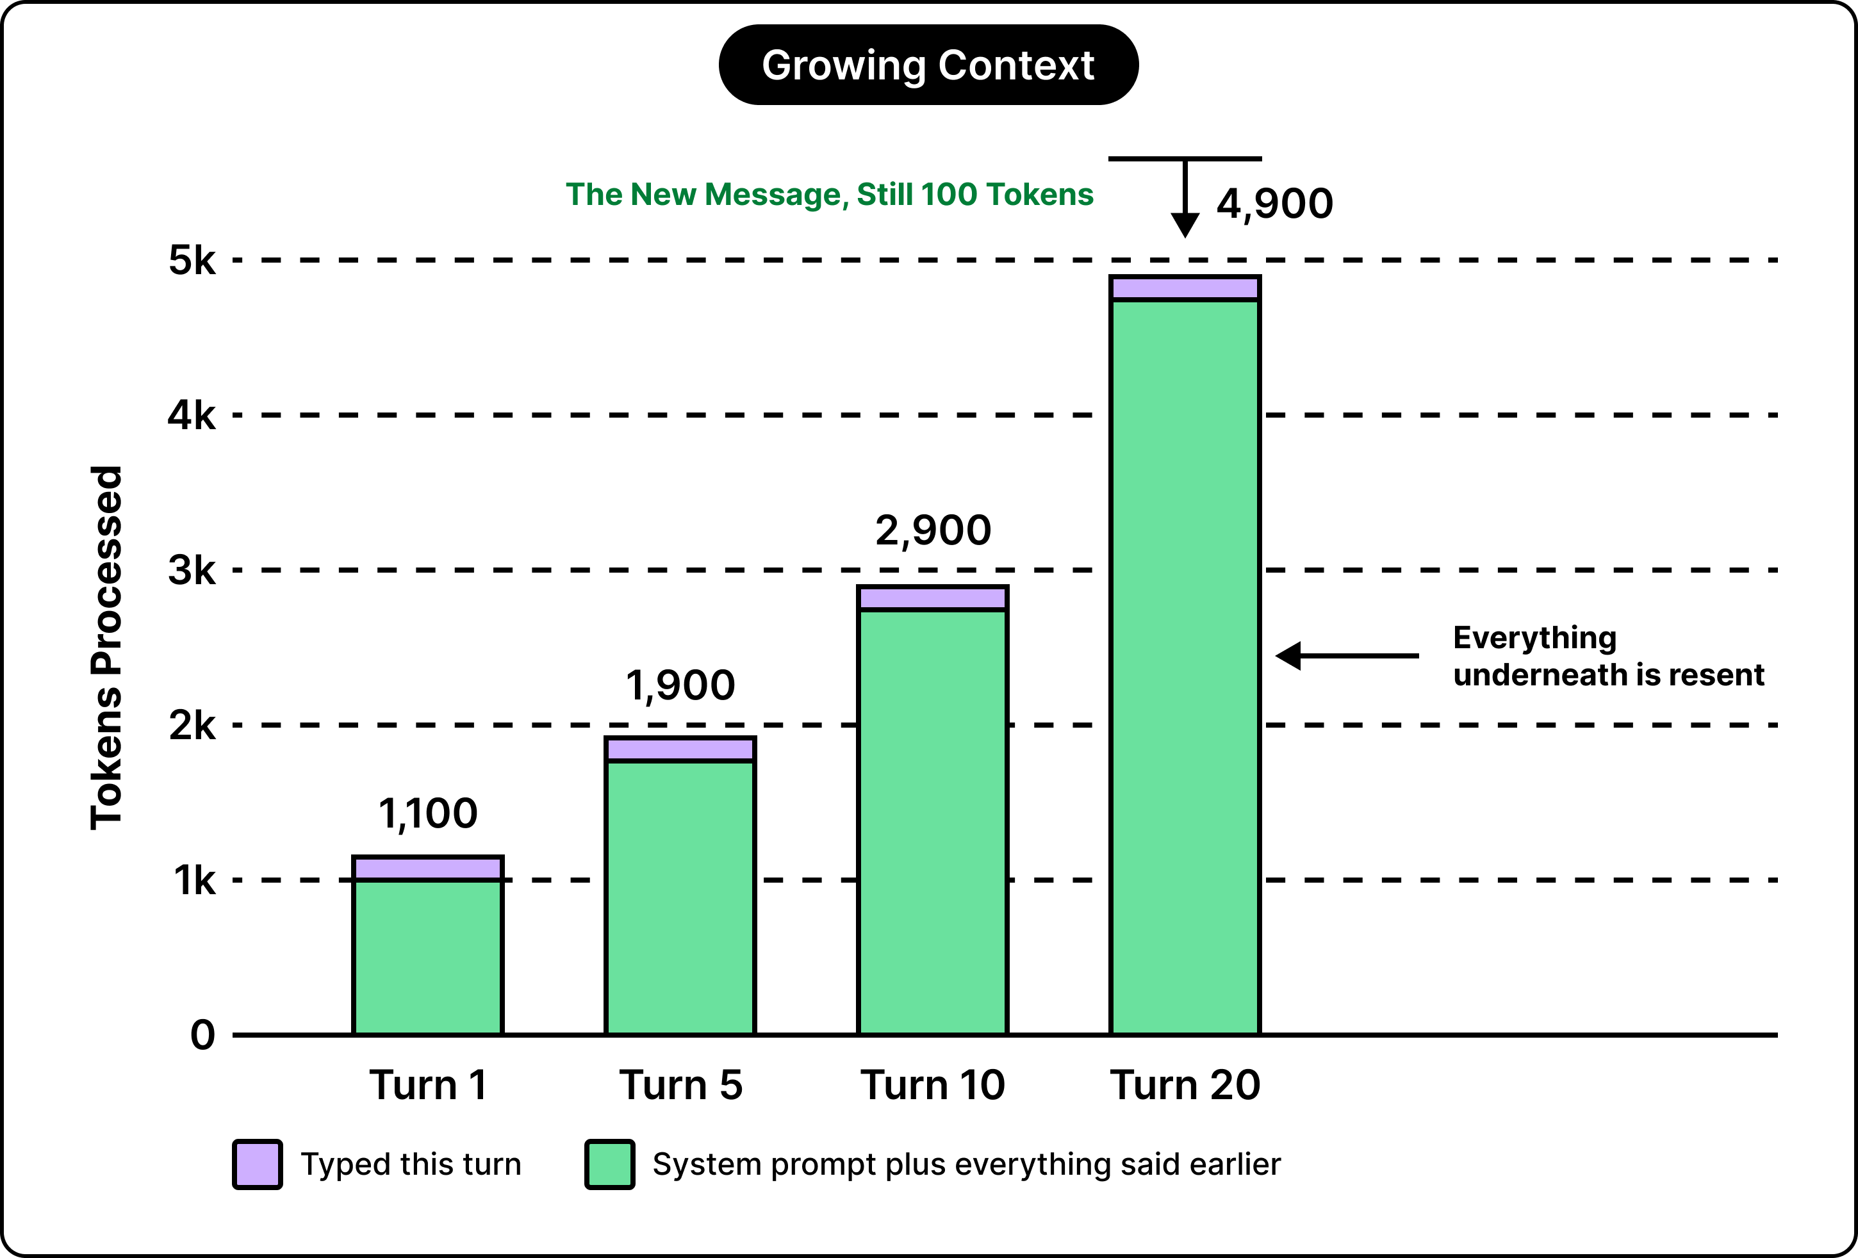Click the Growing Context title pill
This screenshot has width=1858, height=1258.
pyautogui.click(x=928, y=65)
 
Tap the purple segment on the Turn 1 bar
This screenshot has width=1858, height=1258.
pyautogui.click(x=428, y=868)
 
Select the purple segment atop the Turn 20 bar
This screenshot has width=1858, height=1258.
pyautogui.click(x=1185, y=288)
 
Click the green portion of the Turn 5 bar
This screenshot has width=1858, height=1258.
pyautogui.click(x=680, y=897)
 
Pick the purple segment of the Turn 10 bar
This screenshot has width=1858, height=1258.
pyautogui.click(x=932, y=598)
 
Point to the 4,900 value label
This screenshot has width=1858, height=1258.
pyautogui.click(x=1274, y=204)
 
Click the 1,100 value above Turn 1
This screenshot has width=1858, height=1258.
pyautogui.click(x=428, y=813)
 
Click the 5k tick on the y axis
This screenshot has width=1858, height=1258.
pyautogui.click(x=192, y=261)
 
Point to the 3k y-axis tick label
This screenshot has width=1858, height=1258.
pyautogui.click(x=192, y=571)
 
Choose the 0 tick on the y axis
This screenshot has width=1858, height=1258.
pyautogui.click(x=203, y=1035)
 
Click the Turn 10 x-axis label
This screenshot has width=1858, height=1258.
pyautogui.click(x=932, y=1085)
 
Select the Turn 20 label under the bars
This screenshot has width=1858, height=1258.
pyautogui.click(x=1185, y=1085)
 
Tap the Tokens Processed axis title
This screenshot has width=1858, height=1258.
pyautogui.click(x=106, y=648)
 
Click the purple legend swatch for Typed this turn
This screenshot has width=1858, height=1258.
pyautogui.click(x=258, y=1164)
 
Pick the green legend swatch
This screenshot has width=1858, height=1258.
pyautogui.click(x=610, y=1164)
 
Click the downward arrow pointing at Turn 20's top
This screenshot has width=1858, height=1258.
pyautogui.click(x=1185, y=198)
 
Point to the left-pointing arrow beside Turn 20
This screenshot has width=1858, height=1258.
pyautogui.click(x=1347, y=655)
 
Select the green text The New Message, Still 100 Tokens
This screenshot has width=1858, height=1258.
pyautogui.click(x=829, y=195)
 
